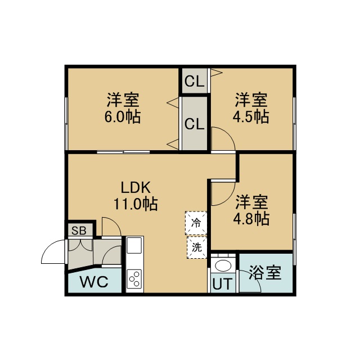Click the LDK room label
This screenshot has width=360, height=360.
point(136,187)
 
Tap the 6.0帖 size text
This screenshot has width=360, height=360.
point(123,117)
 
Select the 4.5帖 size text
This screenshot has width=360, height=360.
point(251,117)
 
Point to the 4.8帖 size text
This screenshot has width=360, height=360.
point(251,219)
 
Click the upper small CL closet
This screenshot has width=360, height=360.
point(195,81)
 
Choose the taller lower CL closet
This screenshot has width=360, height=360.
point(195,124)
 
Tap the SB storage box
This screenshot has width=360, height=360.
point(79,230)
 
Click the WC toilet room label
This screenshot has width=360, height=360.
point(94,282)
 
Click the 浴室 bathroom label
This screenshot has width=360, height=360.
point(265,272)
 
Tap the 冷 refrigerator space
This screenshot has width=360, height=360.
point(196,223)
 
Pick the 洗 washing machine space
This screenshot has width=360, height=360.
point(197,247)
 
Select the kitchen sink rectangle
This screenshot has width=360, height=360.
point(134,245)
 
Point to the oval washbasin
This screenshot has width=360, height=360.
point(223,265)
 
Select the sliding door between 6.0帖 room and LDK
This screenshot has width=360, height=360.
point(123,152)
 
